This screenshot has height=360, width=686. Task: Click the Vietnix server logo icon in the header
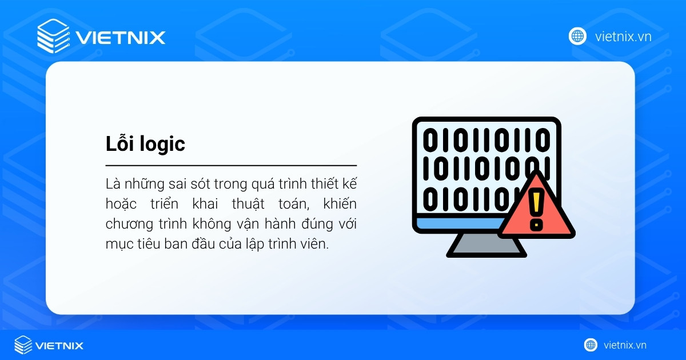pyautogui.click(x=53, y=37)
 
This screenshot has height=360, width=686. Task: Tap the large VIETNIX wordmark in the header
pyautogui.click(x=120, y=38)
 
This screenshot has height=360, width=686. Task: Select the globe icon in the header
pyautogui.click(x=577, y=36)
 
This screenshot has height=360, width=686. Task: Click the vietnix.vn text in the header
pyautogui.click(x=623, y=37)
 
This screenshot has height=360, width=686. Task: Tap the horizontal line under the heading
pyautogui.click(x=231, y=165)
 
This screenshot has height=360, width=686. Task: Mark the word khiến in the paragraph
pyautogui.click(x=341, y=204)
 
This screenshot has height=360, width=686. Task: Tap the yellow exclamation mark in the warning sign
pyautogui.click(x=536, y=209)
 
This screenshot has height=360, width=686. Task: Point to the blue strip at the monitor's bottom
pyautogui.click(x=457, y=222)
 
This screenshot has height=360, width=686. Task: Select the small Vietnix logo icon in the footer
pyautogui.click(x=23, y=345)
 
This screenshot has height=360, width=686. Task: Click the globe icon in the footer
pyautogui.click(x=591, y=345)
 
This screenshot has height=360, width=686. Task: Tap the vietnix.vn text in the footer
pyautogui.click(x=624, y=345)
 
